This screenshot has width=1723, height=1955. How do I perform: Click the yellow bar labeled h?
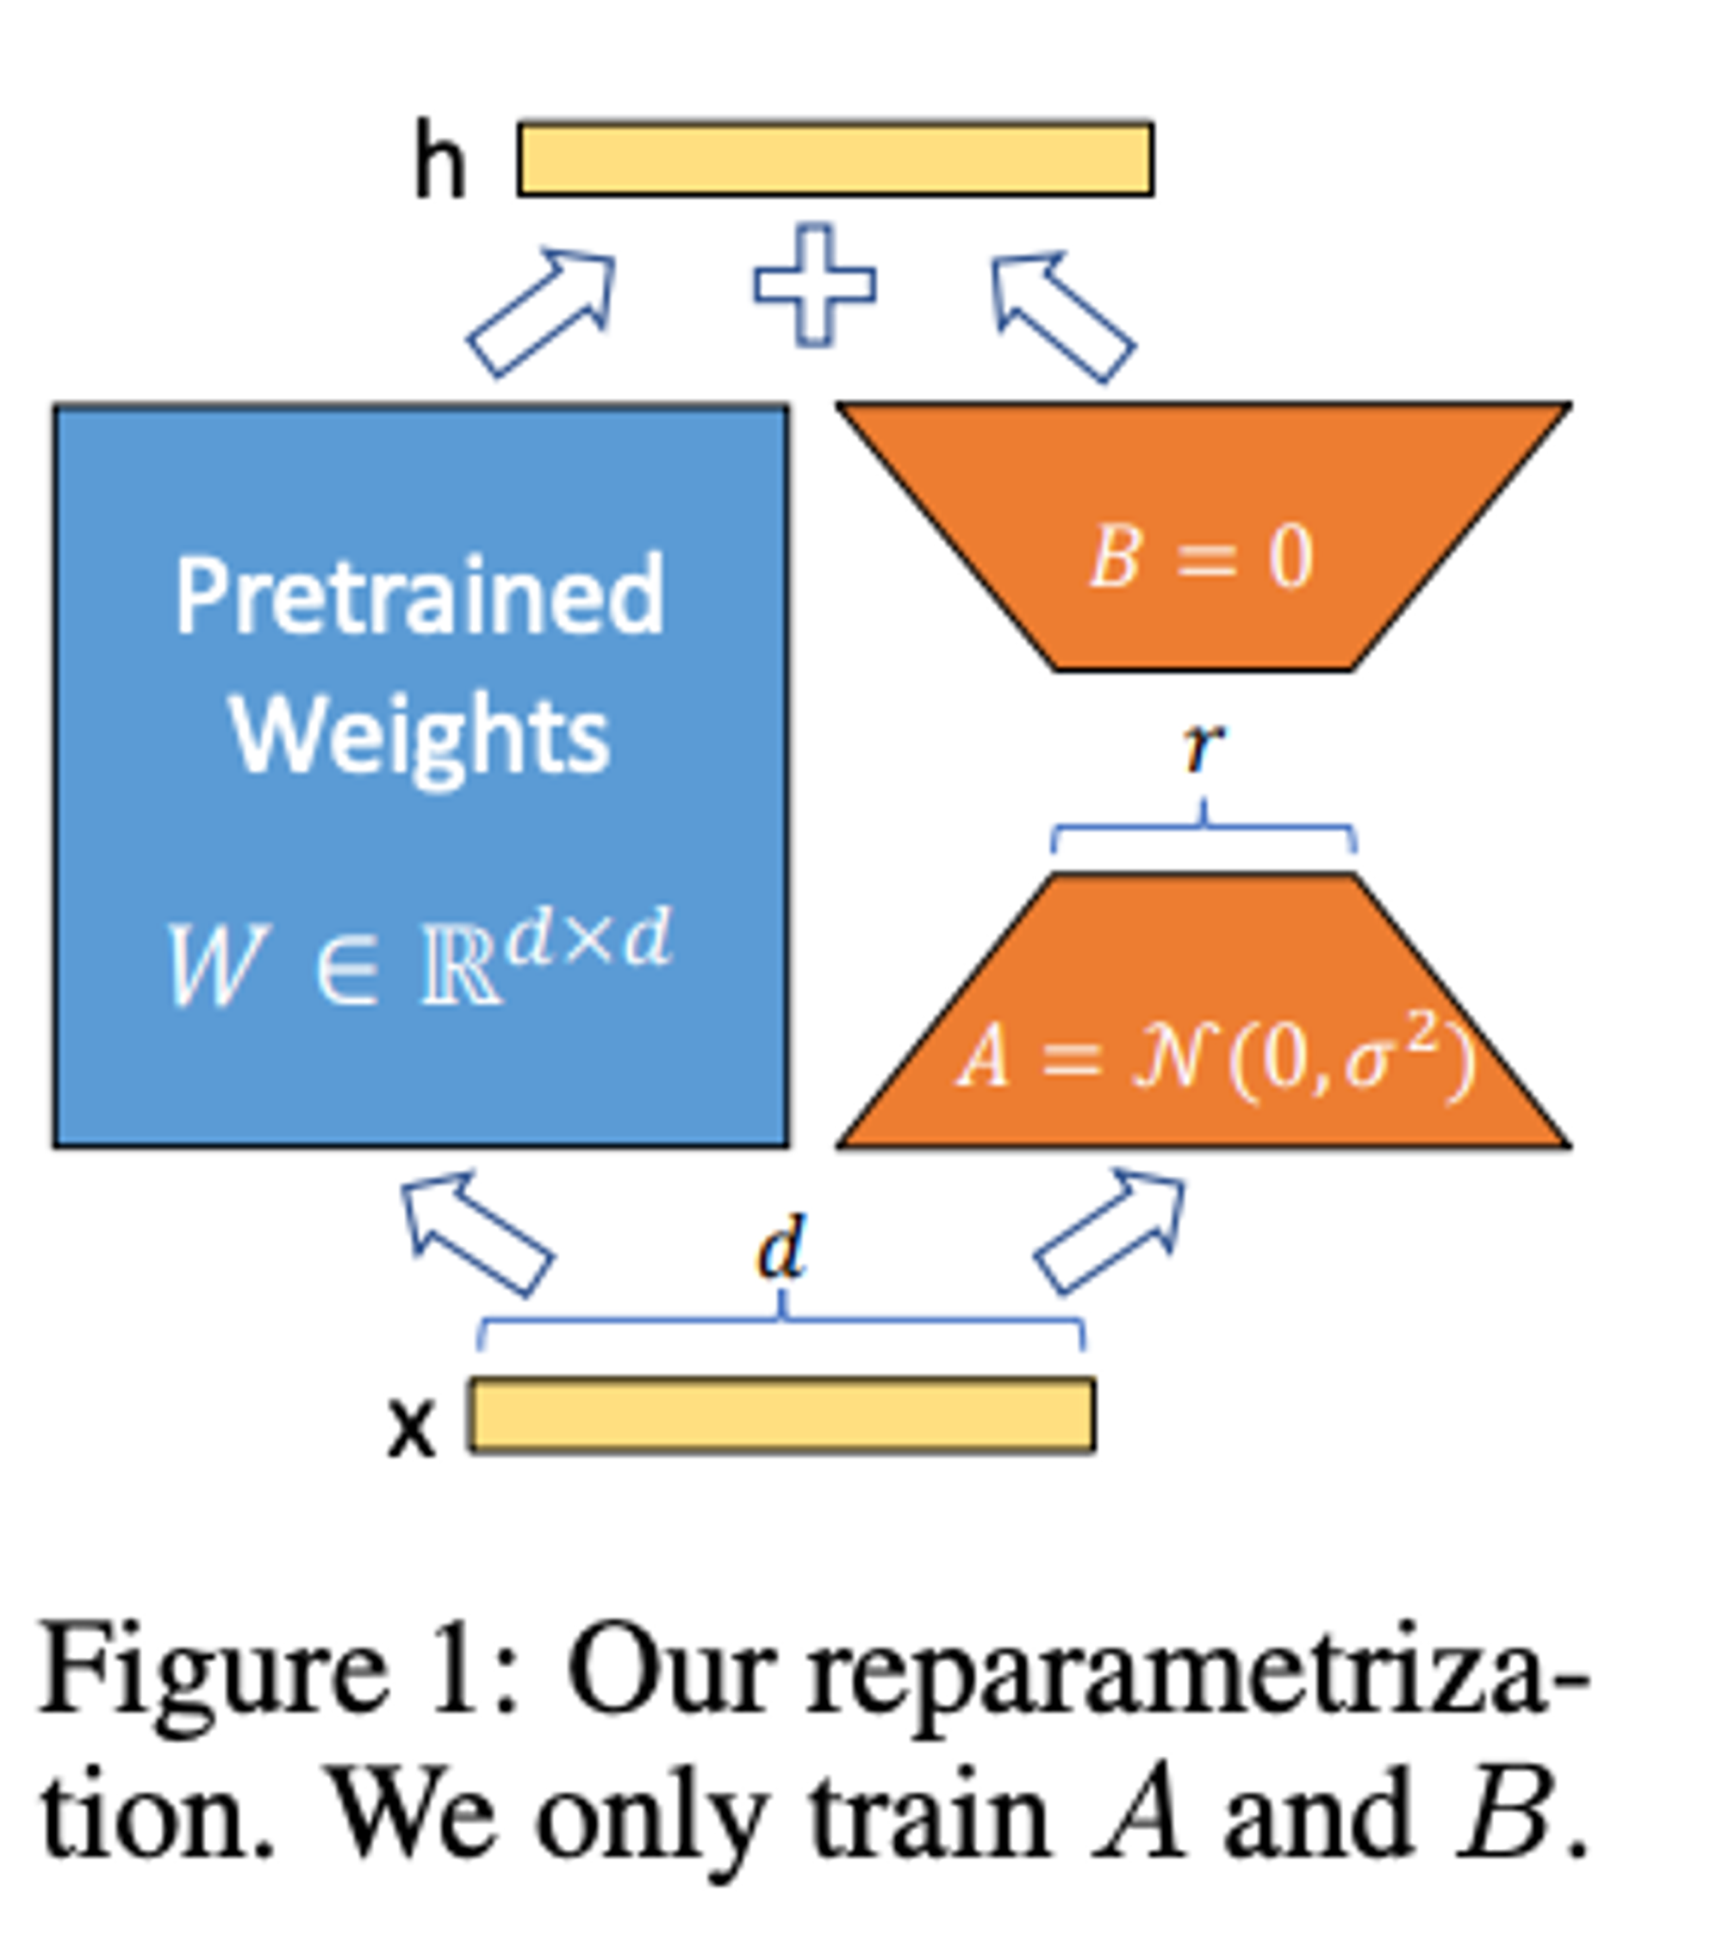pyautogui.click(x=835, y=159)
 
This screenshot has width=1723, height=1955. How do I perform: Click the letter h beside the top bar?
pyautogui.click(x=440, y=163)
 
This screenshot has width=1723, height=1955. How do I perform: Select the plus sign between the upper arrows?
pyautogui.click(x=815, y=285)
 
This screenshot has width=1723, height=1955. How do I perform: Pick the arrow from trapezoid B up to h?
pyautogui.click(x=1062, y=315)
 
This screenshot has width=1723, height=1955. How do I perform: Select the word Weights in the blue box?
pyautogui.click(x=419, y=737)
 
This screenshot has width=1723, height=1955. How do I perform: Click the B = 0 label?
pyautogui.click(x=1201, y=557)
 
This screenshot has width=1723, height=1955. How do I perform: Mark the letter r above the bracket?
pyautogui.click(x=1203, y=748)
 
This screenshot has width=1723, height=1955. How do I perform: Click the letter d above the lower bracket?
pyautogui.click(x=781, y=1248)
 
